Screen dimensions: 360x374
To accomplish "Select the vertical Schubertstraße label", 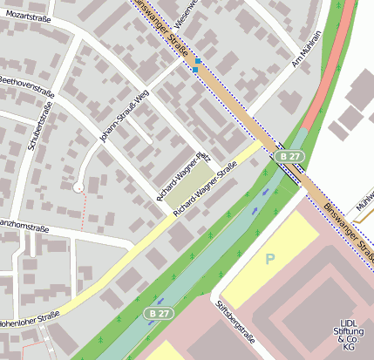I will click(40, 126).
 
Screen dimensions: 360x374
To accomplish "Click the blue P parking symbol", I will click(270, 259).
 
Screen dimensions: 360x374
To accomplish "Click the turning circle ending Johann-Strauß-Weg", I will click(78, 186).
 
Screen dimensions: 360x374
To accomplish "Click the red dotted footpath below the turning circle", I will click(84, 210).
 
